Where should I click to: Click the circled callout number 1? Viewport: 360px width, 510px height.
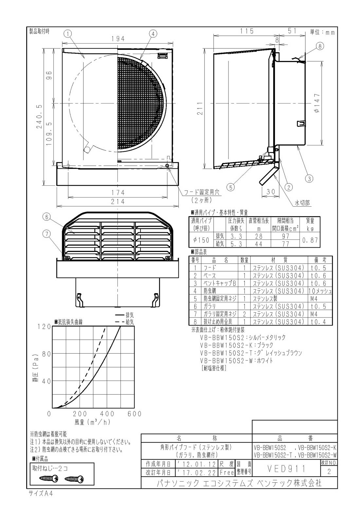coord(68,33)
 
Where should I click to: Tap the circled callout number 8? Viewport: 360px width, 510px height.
coord(320,46)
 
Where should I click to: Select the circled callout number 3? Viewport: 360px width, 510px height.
coord(309,179)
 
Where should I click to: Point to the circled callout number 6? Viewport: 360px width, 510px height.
coord(47,217)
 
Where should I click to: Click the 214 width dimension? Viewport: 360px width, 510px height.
coord(117,202)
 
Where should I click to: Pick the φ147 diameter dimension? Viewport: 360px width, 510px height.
coord(318,103)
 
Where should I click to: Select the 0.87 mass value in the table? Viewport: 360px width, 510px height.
coord(310,240)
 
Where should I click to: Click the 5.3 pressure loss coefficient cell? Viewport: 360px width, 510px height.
coord(236,244)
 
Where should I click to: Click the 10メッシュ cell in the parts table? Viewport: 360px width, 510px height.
coord(320,291)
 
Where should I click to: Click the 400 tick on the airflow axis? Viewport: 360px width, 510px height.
coord(107,414)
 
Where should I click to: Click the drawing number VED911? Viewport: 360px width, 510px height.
coord(286,469)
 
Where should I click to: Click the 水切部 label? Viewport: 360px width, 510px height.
coord(302,203)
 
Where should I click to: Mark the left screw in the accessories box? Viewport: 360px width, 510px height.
coord(48,479)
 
